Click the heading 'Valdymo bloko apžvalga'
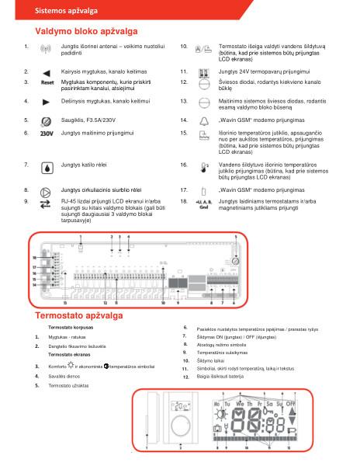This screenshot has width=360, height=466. click(86, 31)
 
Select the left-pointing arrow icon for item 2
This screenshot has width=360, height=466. click(46, 71)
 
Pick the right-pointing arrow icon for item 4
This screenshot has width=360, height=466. click(46, 101)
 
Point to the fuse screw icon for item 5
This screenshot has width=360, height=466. click(46, 121)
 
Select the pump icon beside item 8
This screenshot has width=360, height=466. click(46, 190)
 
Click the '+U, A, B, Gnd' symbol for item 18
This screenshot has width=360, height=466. click(204, 204)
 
